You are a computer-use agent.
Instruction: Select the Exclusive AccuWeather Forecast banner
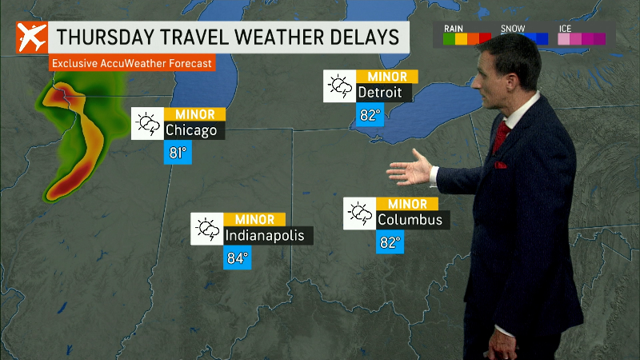(133, 62)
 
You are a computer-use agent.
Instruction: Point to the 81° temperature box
(178, 152)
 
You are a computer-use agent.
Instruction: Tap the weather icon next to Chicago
(148, 123)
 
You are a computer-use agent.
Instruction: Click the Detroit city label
(384, 93)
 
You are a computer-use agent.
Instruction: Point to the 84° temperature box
(238, 258)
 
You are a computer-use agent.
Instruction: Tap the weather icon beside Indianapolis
(206, 230)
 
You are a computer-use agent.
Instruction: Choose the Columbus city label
(409, 219)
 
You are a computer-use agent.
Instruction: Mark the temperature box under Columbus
(390, 242)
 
